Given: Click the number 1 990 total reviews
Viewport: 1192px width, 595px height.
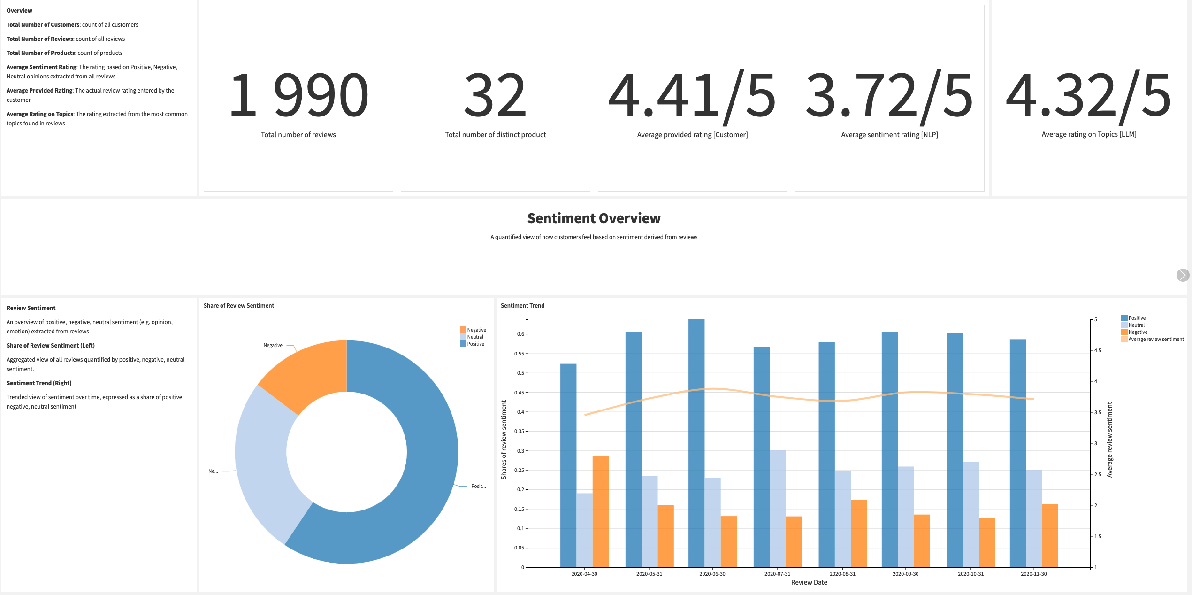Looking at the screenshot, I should coord(298,95).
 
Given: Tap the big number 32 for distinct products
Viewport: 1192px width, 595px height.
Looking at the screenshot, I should coord(495,95).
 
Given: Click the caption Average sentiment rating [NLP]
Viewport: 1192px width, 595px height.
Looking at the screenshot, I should coord(889,135).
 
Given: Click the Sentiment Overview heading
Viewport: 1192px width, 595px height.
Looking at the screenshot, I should coord(594,218).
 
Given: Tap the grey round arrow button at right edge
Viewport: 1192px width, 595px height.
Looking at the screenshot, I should coord(1183,275).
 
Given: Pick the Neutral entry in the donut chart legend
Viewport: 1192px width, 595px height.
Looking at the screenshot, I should coord(475,337).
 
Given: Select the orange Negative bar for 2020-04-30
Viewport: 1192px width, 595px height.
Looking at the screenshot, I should coord(601,511).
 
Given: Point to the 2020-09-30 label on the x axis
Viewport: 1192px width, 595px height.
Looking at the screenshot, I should coord(905,574).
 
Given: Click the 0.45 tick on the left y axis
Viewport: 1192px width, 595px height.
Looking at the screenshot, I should coord(519,393).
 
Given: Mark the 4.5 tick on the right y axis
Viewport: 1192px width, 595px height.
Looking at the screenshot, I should coord(1098,350).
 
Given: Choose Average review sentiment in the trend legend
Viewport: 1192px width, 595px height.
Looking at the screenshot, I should coord(1156,339).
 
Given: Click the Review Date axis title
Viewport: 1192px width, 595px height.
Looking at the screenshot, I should coord(809,582).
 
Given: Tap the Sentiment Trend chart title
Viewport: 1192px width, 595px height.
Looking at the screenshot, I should coord(522,306).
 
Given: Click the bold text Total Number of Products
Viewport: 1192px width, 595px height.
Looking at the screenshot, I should coord(41,53).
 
